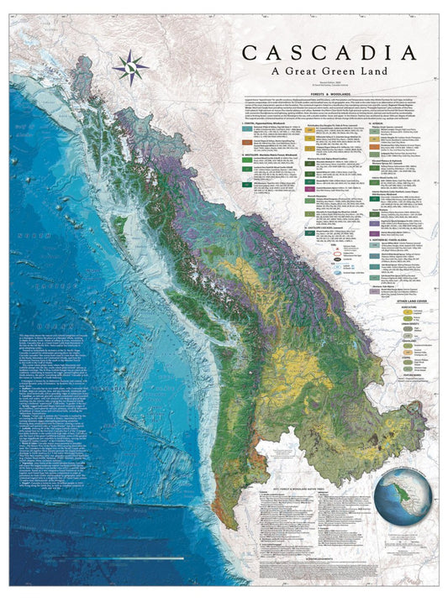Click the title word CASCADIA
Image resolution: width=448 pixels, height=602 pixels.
tap(329, 51)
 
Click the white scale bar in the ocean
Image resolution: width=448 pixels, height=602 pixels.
tap(126, 557)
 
